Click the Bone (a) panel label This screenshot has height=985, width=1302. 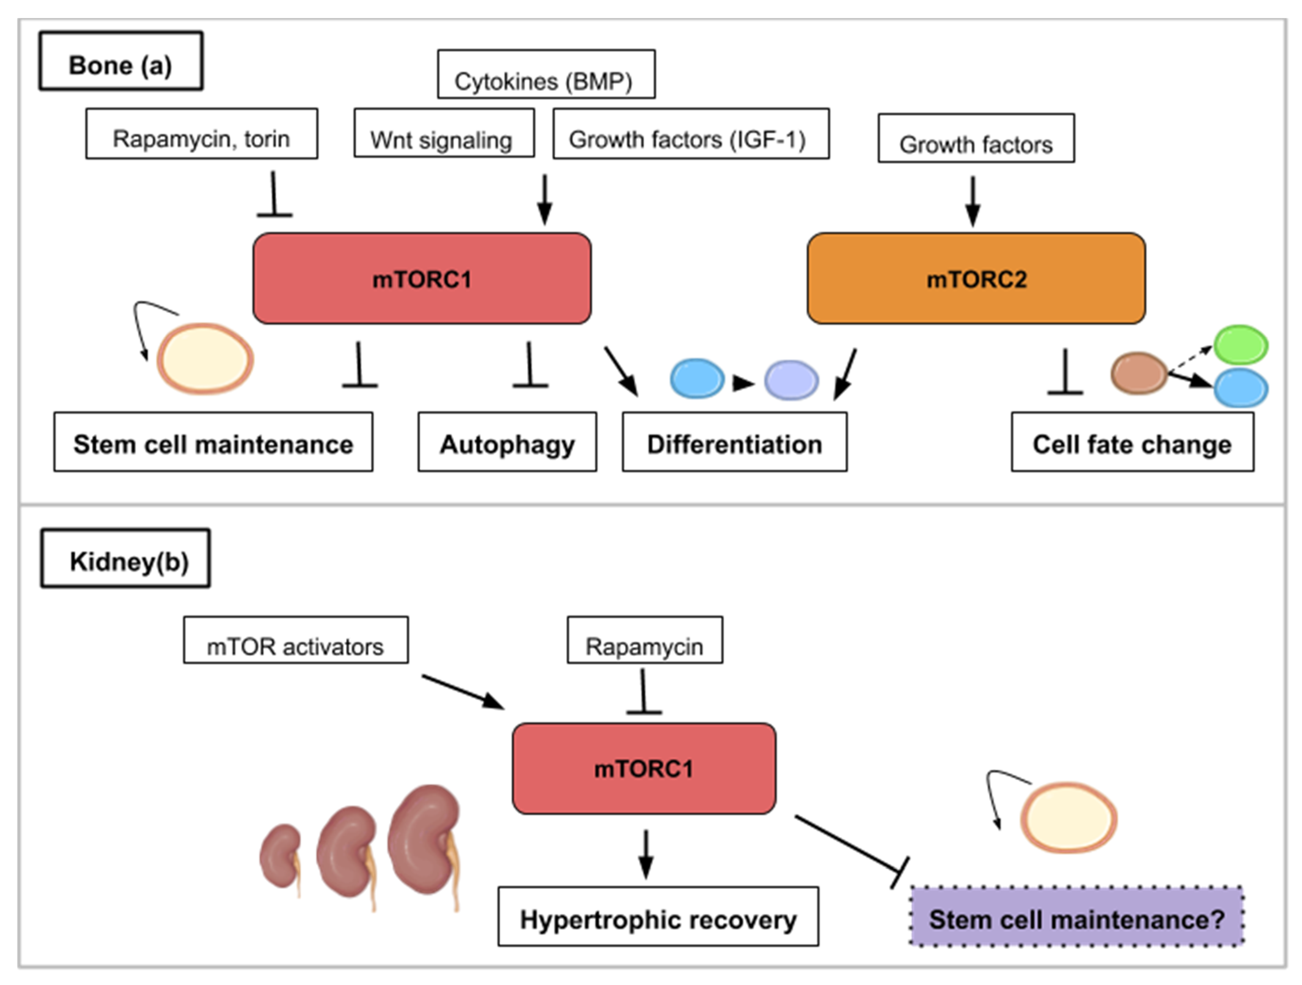121,61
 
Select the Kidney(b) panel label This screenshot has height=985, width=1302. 126,558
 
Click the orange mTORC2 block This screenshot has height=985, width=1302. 976,278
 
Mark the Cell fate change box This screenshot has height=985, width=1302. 1132,442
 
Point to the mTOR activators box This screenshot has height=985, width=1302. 295,640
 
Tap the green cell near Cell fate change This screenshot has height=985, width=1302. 1241,345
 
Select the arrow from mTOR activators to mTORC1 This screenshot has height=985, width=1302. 463,693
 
